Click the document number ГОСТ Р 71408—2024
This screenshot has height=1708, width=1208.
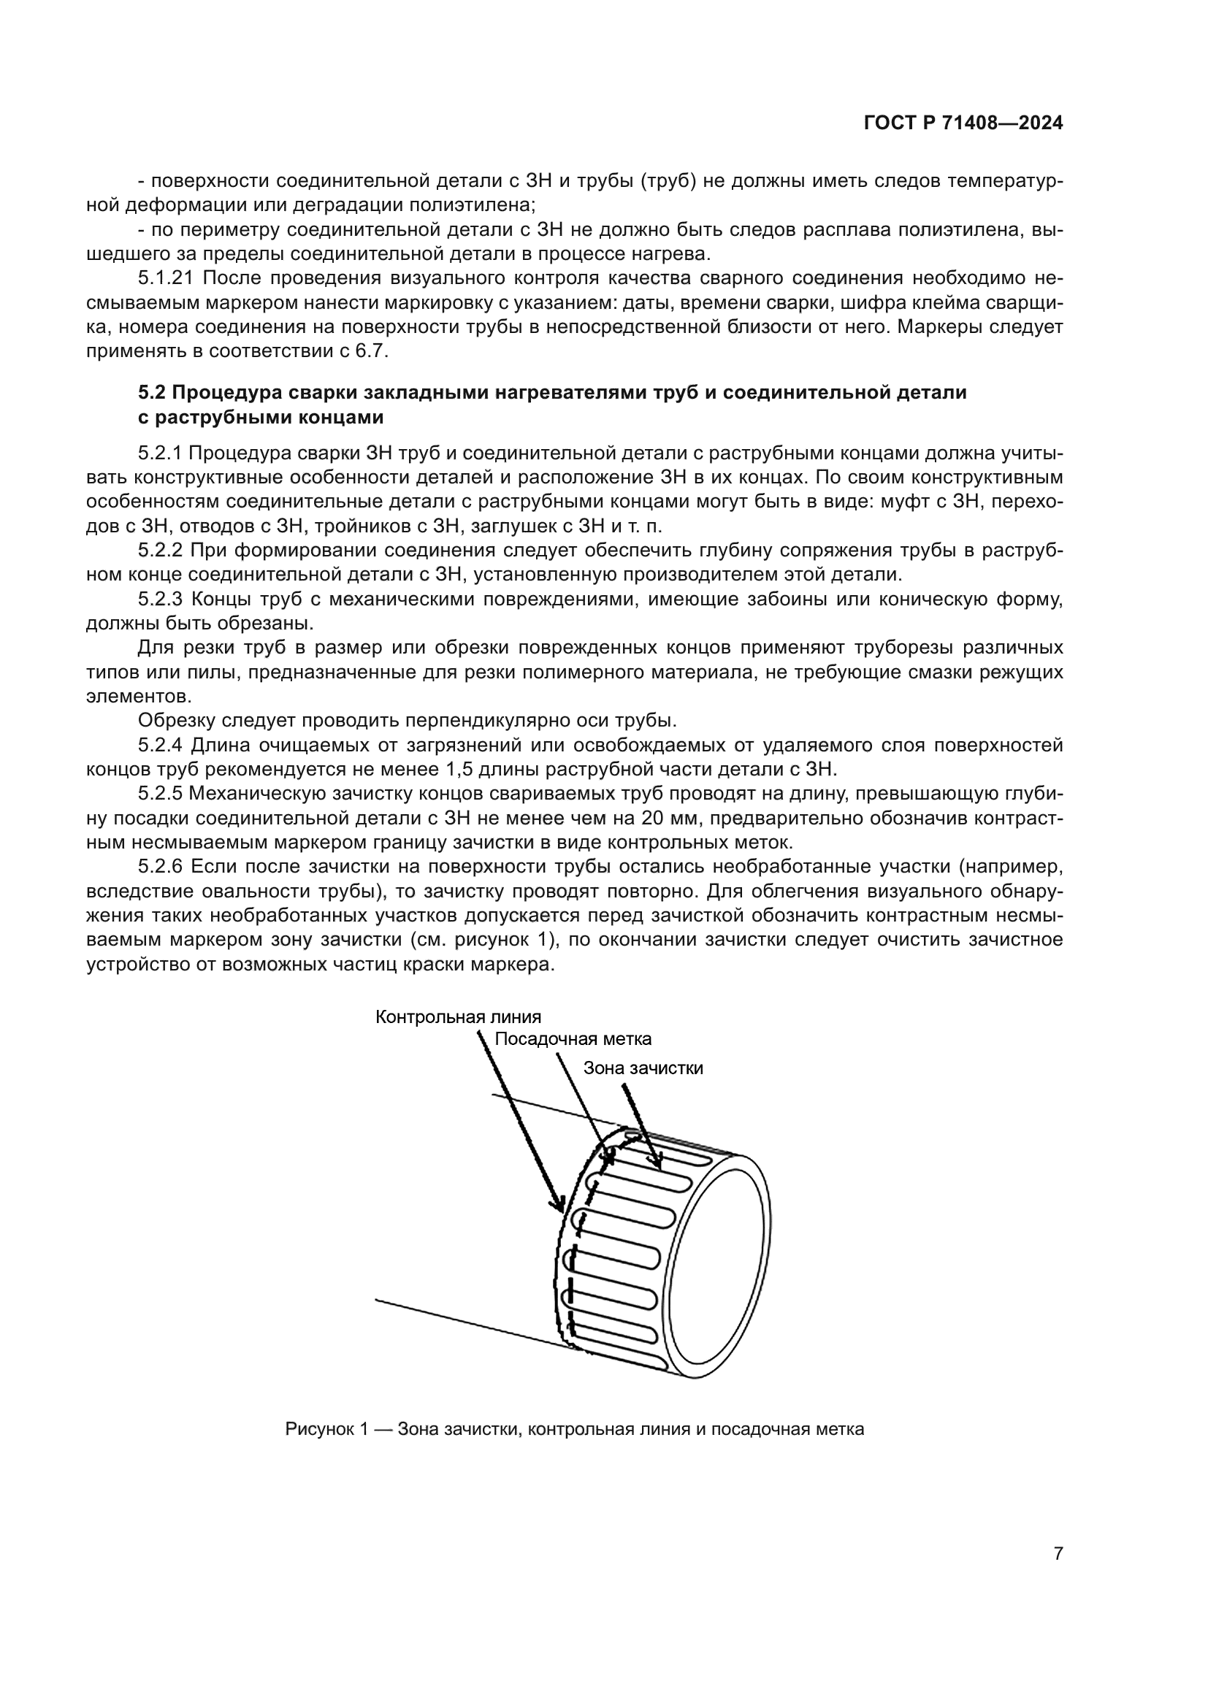(963, 123)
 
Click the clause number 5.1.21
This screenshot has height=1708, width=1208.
(167, 278)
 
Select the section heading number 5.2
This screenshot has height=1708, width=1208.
(153, 392)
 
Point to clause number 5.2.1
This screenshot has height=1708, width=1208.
(161, 453)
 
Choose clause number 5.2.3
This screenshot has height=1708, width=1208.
(161, 599)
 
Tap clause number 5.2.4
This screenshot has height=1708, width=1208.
(161, 745)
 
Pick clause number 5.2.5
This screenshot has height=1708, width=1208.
(161, 794)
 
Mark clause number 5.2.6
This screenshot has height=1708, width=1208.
(161, 867)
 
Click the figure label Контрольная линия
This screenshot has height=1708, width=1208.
(458, 1017)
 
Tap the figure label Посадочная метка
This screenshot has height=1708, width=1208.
(573, 1039)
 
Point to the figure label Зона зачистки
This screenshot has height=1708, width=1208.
(643, 1068)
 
